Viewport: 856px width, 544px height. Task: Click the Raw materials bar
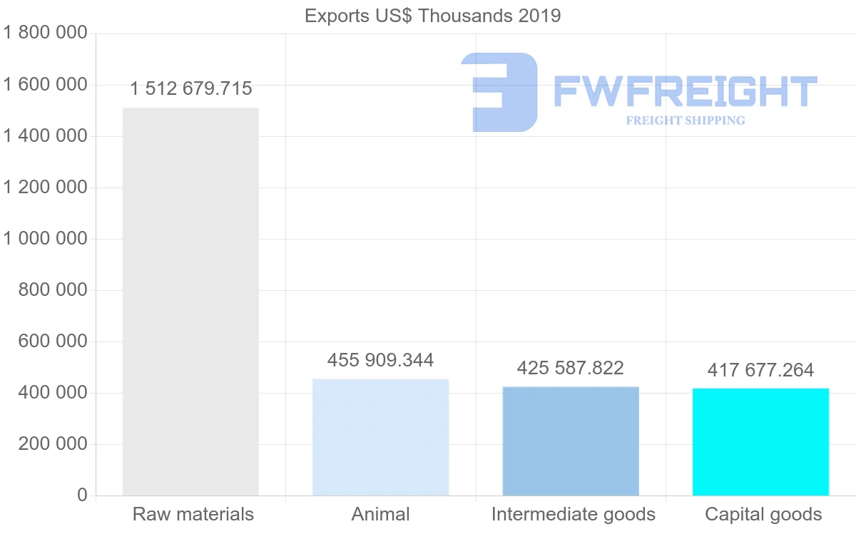[x=190, y=302]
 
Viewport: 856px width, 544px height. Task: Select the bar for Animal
[x=381, y=437]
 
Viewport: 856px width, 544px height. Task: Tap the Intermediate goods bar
[x=571, y=441]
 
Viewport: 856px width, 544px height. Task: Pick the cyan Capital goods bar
[x=760, y=442]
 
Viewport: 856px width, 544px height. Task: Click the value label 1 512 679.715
[x=191, y=89]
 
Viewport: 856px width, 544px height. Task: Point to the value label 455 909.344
[x=380, y=361]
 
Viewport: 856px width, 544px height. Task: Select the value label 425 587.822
[x=571, y=369]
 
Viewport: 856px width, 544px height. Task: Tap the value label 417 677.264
[x=760, y=371]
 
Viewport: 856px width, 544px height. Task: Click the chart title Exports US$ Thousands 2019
[x=433, y=16]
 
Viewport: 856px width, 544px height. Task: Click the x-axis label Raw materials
[x=193, y=515]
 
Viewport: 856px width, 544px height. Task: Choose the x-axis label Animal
[x=381, y=515]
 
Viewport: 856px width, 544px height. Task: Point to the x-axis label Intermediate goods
[x=573, y=515]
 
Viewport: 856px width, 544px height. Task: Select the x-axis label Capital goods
[x=763, y=515]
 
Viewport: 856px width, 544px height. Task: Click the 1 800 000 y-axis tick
[x=45, y=34]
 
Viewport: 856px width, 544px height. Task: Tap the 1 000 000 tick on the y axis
[x=45, y=239]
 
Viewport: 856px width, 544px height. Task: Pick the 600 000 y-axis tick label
[x=52, y=342]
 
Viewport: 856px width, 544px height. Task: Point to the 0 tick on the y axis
[x=82, y=496]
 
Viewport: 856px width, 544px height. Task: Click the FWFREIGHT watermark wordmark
[x=685, y=91]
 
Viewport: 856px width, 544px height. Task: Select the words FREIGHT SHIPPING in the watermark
[x=686, y=120]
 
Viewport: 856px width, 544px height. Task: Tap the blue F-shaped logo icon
[x=501, y=91]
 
